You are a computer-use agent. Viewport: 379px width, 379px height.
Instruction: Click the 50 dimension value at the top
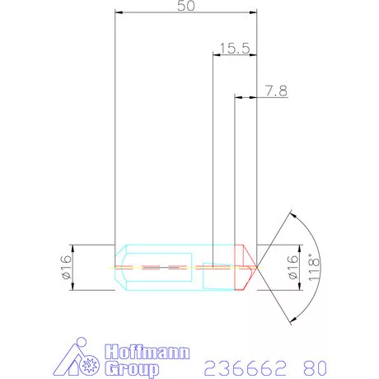pos(186,7)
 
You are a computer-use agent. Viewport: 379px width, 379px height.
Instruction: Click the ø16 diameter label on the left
pos(67,267)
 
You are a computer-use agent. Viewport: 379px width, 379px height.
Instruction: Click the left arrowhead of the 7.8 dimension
pos(238,98)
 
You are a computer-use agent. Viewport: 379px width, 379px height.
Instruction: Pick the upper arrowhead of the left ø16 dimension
pos(74,247)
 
